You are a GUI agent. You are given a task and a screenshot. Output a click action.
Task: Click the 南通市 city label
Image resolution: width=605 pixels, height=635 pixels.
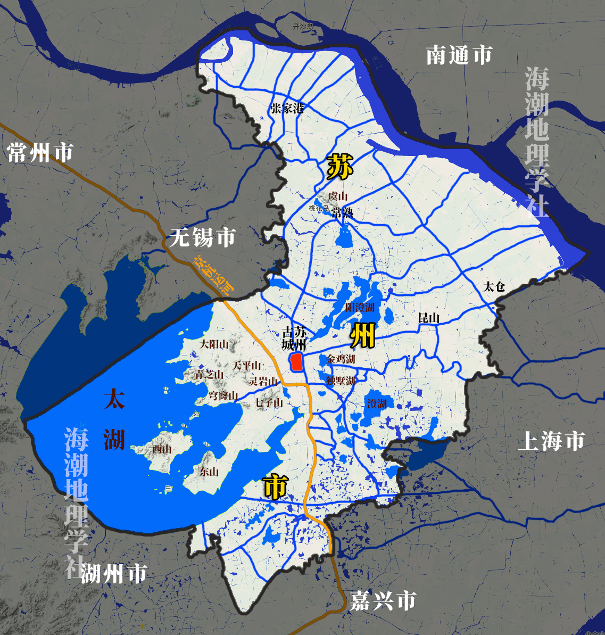(459, 55)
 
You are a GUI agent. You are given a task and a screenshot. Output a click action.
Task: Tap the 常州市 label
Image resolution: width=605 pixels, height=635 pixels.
(40, 153)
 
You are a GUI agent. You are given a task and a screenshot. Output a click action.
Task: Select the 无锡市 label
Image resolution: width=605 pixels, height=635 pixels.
(202, 237)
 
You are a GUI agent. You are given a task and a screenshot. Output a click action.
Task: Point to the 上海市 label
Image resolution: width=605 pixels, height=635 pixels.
(551, 441)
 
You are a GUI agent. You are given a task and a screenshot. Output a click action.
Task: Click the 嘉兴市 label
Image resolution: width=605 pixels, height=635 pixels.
(382, 601)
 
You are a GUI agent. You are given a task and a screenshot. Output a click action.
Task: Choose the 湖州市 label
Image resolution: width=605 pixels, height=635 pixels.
(113, 574)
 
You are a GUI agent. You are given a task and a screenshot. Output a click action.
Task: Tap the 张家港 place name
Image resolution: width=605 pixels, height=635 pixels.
(287, 109)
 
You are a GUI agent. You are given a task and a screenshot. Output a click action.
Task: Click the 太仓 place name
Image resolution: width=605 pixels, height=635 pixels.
(494, 286)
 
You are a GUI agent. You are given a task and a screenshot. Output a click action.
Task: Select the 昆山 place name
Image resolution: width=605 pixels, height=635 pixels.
(428, 318)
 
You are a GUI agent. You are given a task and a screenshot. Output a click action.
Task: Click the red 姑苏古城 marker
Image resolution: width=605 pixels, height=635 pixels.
(295, 362)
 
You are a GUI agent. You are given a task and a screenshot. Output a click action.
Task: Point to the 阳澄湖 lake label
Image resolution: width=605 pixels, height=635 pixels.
(360, 307)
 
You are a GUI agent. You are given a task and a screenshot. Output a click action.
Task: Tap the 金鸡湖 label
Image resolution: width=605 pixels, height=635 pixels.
(341, 359)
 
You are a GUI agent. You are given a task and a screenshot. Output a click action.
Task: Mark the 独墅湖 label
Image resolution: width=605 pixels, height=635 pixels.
(341, 381)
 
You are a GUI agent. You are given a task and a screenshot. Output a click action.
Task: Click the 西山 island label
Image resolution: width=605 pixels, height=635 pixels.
(162, 449)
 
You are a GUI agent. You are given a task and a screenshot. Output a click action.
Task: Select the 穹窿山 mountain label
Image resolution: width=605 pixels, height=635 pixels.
(223, 395)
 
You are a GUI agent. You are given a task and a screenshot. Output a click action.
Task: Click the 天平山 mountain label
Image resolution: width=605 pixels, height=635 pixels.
(247, 366)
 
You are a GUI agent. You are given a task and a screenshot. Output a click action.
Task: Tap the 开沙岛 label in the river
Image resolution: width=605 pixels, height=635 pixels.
(303, 26)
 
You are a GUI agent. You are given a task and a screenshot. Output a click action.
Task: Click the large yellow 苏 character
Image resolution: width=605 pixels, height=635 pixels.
(339, 167)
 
